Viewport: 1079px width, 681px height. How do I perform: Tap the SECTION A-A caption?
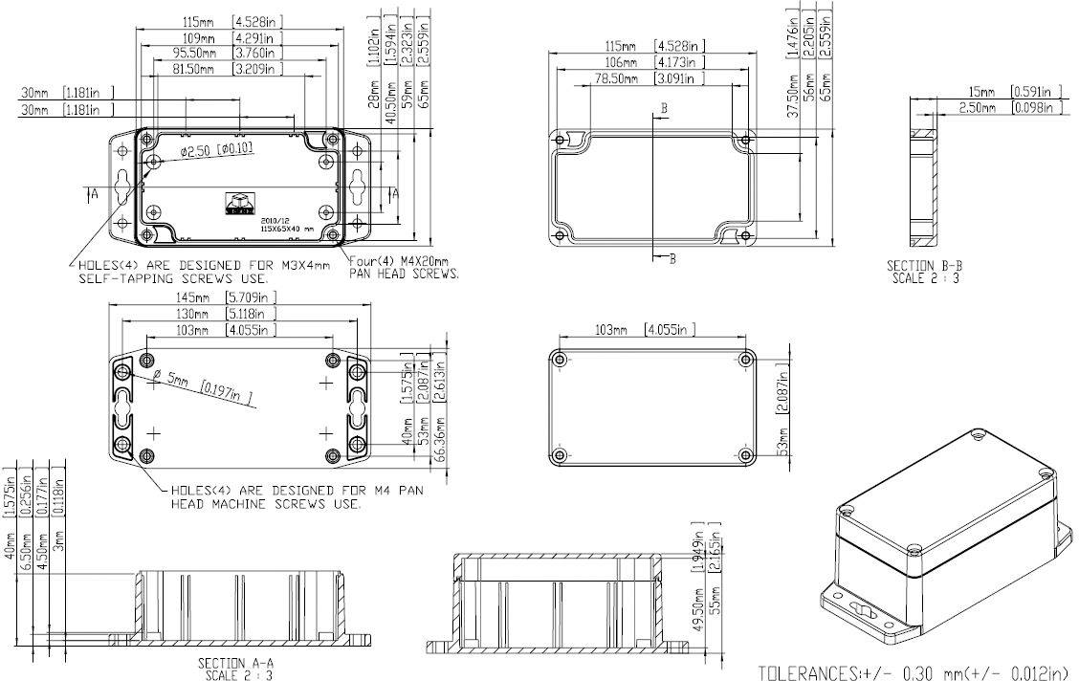click(235, 663)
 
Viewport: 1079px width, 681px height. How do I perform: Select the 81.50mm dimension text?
click(199, 70)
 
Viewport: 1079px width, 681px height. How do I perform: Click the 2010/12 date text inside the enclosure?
click(273, 219)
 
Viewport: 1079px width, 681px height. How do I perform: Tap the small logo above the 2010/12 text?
click(235, 201)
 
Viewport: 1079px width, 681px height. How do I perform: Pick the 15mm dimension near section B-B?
click(982, 92)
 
